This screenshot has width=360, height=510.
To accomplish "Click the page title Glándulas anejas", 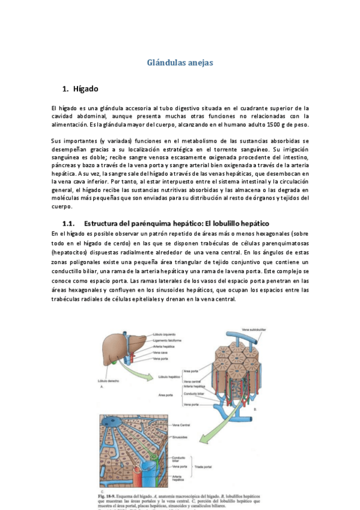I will point(180,62).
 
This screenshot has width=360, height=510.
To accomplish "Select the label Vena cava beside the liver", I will point(160,352).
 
